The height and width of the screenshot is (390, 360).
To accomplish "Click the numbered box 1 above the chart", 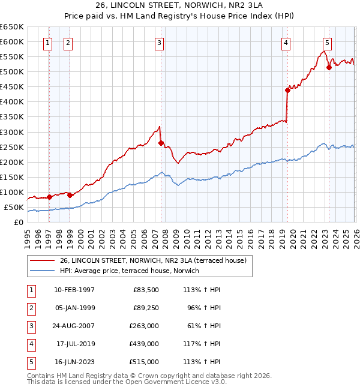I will coord(47,43).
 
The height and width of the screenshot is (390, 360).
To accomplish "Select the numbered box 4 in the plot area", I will coord(286,43).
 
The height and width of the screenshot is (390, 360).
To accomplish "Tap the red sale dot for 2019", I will coord(287,90).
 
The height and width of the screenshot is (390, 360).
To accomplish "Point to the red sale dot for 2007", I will coord(161,143).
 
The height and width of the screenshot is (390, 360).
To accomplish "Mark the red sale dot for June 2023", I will coord(329,67).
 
